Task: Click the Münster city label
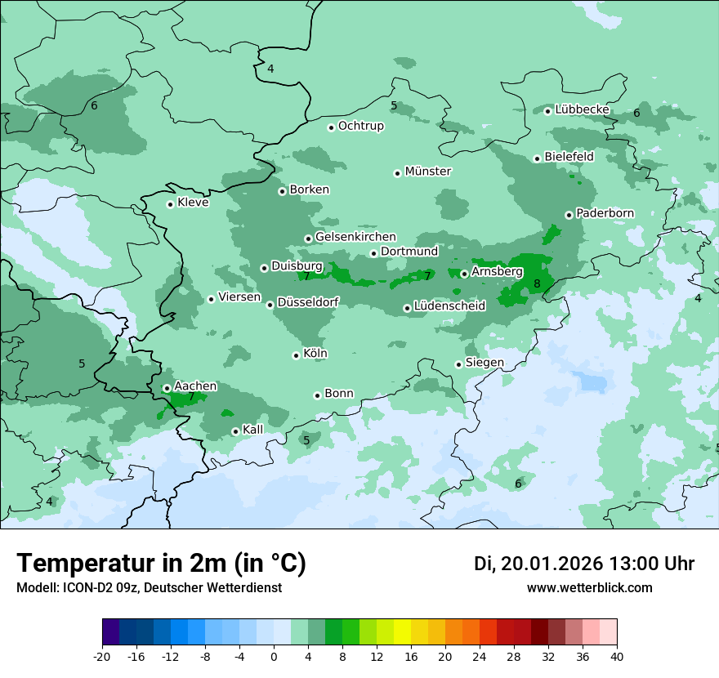[428, 172]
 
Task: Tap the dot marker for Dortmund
[373, 253]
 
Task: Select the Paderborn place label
[605, 213]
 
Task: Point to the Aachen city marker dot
[167, 389]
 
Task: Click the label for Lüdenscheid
[449, 306]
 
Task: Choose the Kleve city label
[193, 203]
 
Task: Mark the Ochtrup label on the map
[360, 126]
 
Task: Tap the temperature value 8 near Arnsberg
[537, 284]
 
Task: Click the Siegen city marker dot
[458, 364]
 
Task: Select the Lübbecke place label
[582, 109]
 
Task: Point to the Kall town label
[253, 430]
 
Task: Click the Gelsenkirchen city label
[355, 237]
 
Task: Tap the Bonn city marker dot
[317, 395]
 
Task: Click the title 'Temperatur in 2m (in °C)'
[161, 563]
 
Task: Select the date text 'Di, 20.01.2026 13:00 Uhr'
[584, 564]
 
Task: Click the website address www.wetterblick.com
[589, 588]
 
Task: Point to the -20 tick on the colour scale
[102, 656]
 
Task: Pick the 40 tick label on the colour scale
[617, 656]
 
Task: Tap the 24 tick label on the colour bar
[480, 656]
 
